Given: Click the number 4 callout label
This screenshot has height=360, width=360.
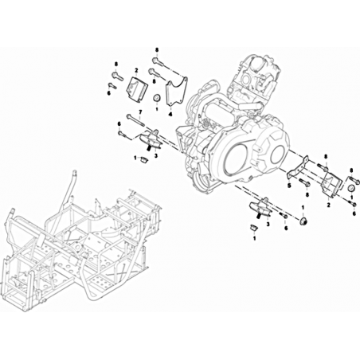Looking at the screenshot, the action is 170,114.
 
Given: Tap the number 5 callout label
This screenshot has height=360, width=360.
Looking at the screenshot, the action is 289,185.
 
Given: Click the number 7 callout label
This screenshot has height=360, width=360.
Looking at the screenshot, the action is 140,112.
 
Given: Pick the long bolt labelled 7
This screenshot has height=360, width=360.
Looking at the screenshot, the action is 135,120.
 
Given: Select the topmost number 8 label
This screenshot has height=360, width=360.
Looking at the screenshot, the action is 157,50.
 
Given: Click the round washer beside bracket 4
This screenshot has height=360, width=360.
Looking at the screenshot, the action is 157,98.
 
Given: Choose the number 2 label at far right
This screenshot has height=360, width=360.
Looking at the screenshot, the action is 328,205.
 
